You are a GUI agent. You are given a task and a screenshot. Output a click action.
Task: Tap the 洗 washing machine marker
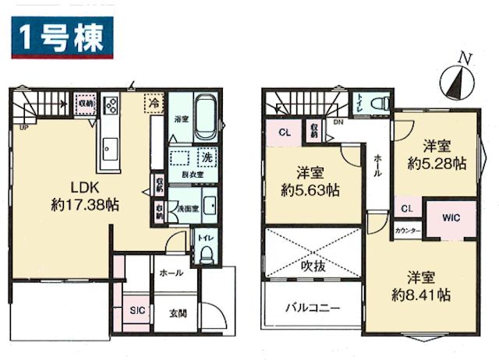(x=207, y=156)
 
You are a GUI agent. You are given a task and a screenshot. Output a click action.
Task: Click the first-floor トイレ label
(x=205, y=236)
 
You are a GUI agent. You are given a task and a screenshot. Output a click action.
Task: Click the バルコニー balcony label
(x=311, y=307)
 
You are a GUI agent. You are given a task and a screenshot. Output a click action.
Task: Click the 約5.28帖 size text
(x=437, y=164)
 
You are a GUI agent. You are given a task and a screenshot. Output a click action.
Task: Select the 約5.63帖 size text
(x=310, y=189)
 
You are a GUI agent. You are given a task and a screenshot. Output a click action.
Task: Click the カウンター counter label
(x=407, y=231)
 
